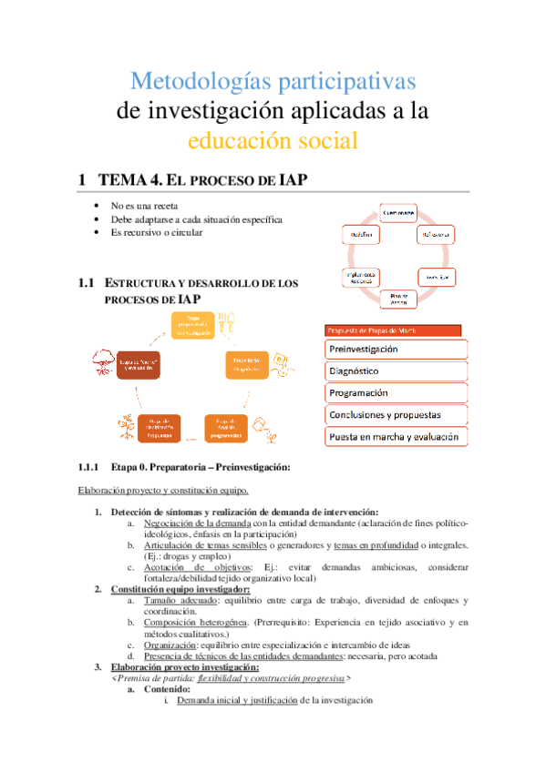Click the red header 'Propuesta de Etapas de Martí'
[394, 330]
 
